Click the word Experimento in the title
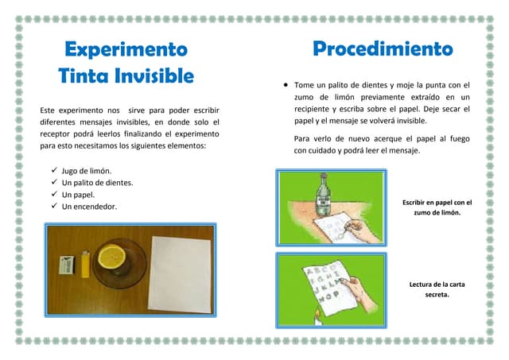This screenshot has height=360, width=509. [x=126, y=49]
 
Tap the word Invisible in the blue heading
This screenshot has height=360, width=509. [x=154, y=75]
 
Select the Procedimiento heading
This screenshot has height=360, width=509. [x=383, y=49]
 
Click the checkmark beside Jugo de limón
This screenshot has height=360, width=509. [x=54, y=170]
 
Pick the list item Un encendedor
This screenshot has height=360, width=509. [x=89, y=207]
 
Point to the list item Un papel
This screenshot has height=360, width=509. [x=78, y=195]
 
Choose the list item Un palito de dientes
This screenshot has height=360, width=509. [x=97, y=183]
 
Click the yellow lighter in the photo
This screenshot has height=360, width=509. [x=85, y=264]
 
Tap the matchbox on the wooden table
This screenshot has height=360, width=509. [x=67, y=265]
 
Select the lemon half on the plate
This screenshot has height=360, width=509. [x=112, y=257]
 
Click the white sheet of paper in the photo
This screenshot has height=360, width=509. [x=181, y=274]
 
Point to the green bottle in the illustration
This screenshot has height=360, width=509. [x=324, y=194]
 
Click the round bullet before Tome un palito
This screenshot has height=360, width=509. [x=286, y=85]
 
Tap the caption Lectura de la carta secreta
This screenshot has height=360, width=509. [x=437, y=289]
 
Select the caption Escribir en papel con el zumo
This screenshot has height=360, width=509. [x=437, y=207]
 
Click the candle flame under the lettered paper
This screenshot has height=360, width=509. [x=317, y=314]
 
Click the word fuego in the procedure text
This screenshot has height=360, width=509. [x=460, y=139]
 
